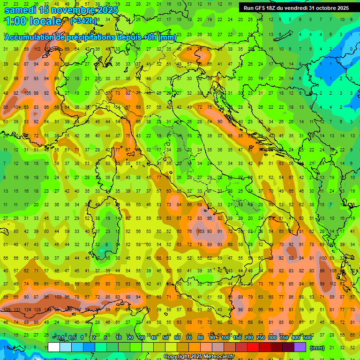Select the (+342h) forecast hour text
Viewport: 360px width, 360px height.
pyautogui.click(x=83, y=21)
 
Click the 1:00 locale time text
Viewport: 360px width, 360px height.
pyautogui.click(x=33, y=21)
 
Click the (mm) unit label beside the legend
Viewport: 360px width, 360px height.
pyautogui.click(x=317, y=348)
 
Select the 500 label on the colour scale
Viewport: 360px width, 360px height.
pyautogui.click(x=307, y=338)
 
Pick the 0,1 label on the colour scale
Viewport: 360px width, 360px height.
pyautogui.click(x=60, y=338)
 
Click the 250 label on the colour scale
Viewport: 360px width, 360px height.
pyautogui.click(x=260, y=338)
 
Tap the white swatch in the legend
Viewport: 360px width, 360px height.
pyautogui.click(x=54, y=347)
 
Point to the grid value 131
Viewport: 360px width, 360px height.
pyautogui.click(x=17, y=310)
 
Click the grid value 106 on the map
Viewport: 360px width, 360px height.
pyautogui.click(x=333, y=270)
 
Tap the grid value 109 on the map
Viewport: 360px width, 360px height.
pyautogui.click(x=7, y=310)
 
